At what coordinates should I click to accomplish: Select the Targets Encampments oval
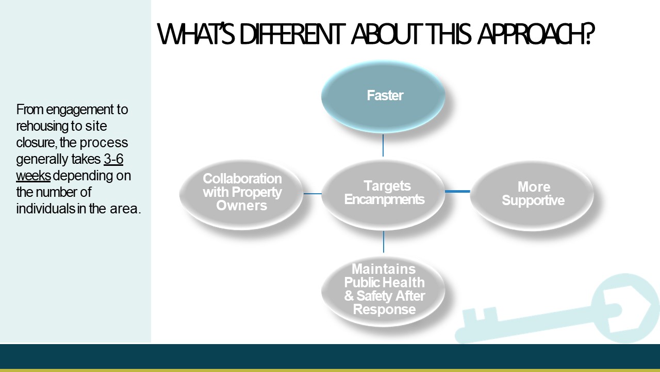(383, 194)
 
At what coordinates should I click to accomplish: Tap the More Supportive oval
(532, 195)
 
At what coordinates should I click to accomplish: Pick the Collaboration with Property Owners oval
(241, 194)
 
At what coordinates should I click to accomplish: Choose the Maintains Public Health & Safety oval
(383, 291)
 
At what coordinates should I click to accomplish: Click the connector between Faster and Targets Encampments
(383, 145)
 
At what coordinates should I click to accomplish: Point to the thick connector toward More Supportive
(457, 191)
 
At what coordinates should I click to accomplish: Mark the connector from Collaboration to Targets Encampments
(312, 194)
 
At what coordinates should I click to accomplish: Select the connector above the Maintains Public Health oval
(383, 242)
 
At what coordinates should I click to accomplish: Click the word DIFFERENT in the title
(292, 34)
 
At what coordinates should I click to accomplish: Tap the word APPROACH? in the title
(536, 34)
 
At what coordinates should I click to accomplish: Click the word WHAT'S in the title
(195, 34)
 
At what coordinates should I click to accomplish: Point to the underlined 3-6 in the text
(113, 159)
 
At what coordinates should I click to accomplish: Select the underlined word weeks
(34, 176)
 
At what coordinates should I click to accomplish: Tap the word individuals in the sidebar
(46, 209)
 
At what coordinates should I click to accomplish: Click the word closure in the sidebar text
(36, 143)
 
